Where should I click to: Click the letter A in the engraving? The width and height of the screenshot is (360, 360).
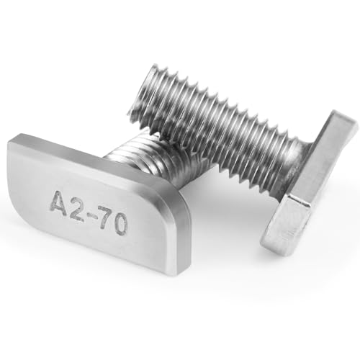[x=58, y=201]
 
